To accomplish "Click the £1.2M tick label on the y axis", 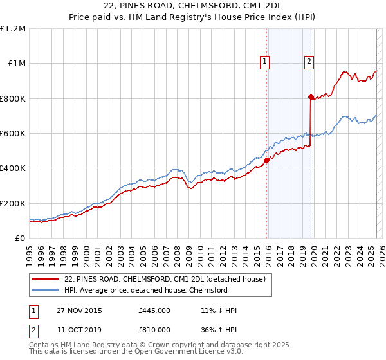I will pos(13,28).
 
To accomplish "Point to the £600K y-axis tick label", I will pos(13,134).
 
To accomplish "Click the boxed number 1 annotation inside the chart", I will pos(264,62).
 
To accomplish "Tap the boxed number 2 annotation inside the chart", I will pos(309,62).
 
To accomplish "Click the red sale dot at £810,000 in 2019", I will pos(311,97).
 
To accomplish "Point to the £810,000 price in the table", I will pos(154,330).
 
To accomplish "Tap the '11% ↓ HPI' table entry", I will pos(219,310).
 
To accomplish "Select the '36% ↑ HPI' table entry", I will pos(219,330).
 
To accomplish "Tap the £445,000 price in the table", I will pos(154,310).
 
